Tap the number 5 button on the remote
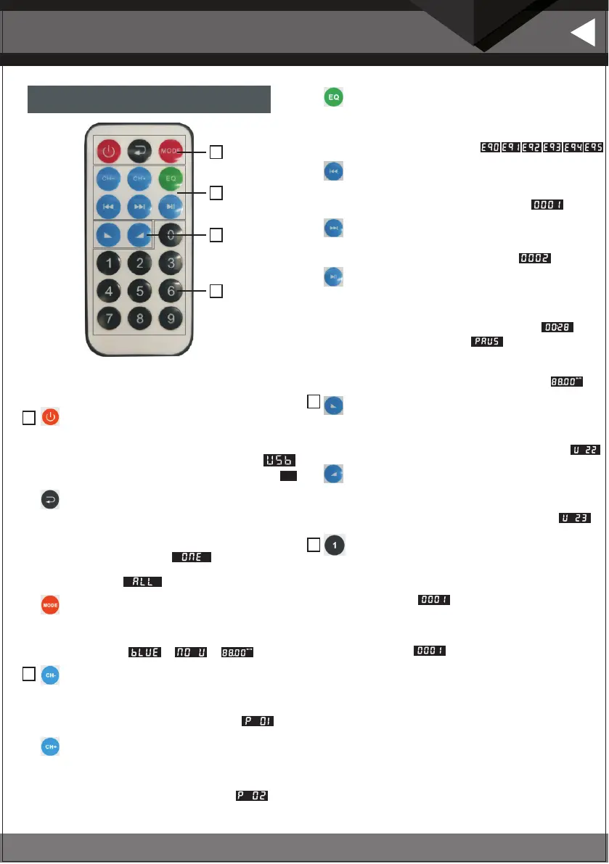139,291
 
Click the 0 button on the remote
170,235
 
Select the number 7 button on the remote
108,319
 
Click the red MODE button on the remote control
171,152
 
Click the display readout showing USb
280,461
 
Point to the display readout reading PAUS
486,341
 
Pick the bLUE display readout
144,653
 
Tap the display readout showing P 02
251,796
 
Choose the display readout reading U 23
574,518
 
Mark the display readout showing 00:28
557,327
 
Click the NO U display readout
191,653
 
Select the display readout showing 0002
535,258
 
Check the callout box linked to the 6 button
216,291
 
